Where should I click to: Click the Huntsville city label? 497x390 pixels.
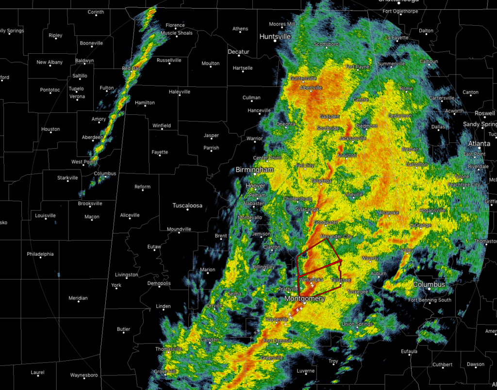pos(275,36)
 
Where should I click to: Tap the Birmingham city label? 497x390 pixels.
pos(255,170)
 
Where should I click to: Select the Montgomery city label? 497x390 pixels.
pos(304,299)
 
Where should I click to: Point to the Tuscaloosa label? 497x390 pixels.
pos(187,205)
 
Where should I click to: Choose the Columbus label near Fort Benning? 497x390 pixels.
pos(429,284)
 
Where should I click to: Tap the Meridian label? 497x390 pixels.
pos(78,298)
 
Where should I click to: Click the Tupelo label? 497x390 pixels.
pos(76,89)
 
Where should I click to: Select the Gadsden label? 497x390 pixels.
pos(330,117)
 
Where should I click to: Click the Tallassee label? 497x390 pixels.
pos(340,280)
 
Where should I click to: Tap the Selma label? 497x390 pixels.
pos(235,294)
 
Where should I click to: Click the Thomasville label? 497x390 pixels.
pos(168,349)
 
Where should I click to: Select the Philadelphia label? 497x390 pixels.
pos(40,254)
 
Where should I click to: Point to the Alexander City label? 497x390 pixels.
pos(336,236)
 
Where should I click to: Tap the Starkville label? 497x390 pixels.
pos(67,178)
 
